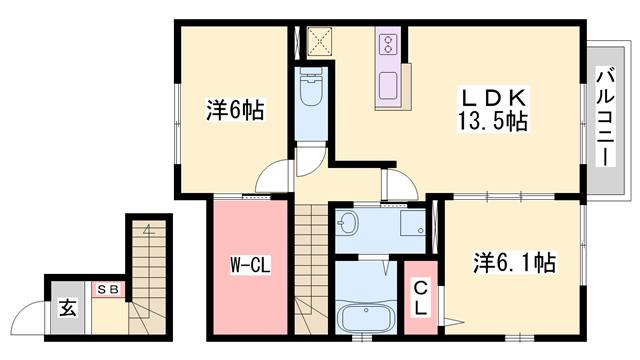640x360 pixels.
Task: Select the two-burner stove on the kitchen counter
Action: click(x=387, y=44)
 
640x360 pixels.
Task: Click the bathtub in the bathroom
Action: click(x=365, y=319)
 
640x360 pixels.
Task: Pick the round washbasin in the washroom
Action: click(x=349, y=222)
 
